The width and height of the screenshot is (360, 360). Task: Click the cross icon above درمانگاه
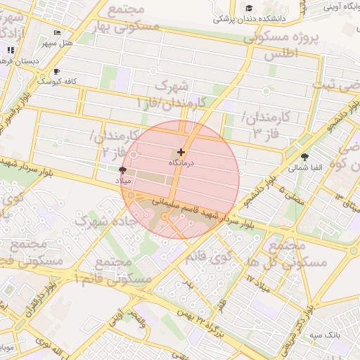[x=181, y=152]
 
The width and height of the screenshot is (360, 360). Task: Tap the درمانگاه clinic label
[x=181, y=162]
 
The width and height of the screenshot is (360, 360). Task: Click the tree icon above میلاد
[x=123, y=171]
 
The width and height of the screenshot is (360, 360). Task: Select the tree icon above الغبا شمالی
[x=304, y=157]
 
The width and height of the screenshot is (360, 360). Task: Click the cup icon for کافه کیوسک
[x=56, y=72]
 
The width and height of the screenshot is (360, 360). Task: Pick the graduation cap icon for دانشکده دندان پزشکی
[x=249, y=8]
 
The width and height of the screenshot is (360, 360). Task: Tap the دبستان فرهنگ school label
[x=21, y=62]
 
